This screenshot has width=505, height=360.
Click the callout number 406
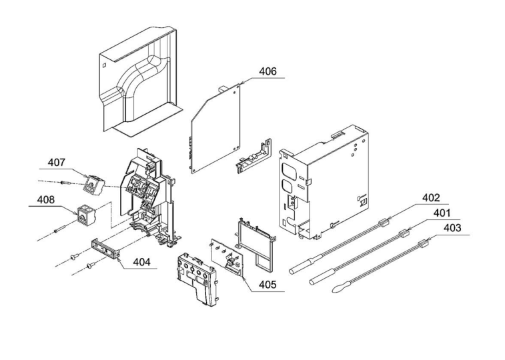coord(267,71)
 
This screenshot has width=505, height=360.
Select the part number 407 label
coord(56,161)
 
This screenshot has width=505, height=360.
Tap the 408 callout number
coord(45,199)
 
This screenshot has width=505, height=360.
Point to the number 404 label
coord(140,261)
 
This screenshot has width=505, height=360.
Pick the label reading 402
coord(431,197)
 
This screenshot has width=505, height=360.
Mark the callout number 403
coord(452,228)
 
